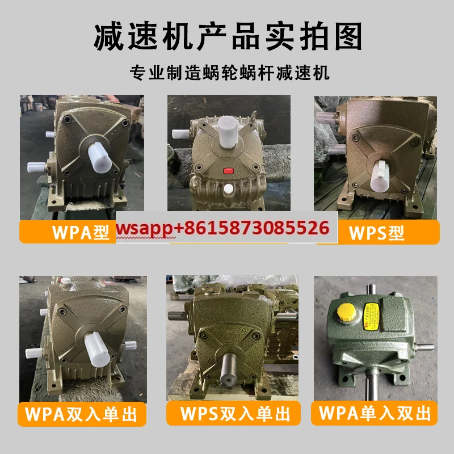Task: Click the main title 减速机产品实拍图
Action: [x=227, y=37]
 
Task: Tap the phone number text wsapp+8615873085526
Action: [x=222, y=228]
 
